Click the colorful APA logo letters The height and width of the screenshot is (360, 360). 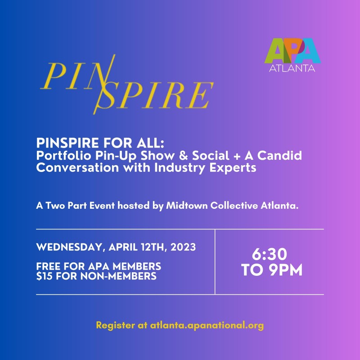point(292,51)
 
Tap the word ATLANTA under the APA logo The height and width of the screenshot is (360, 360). point(292,68)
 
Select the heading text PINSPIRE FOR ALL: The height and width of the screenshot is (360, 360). point(100,143)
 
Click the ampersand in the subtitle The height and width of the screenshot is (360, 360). point(183,155)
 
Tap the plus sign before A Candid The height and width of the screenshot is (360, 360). point(237,156)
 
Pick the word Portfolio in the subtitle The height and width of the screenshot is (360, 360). point(63,155)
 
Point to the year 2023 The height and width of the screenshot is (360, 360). point(183,247)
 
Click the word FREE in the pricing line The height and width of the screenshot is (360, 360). point(49,266)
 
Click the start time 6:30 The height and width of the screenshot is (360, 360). point(269,254)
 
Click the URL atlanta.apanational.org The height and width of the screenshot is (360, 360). point(207,325)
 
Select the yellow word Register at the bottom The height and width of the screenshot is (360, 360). point(116,326)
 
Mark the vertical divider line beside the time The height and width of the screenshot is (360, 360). point(215,262)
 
